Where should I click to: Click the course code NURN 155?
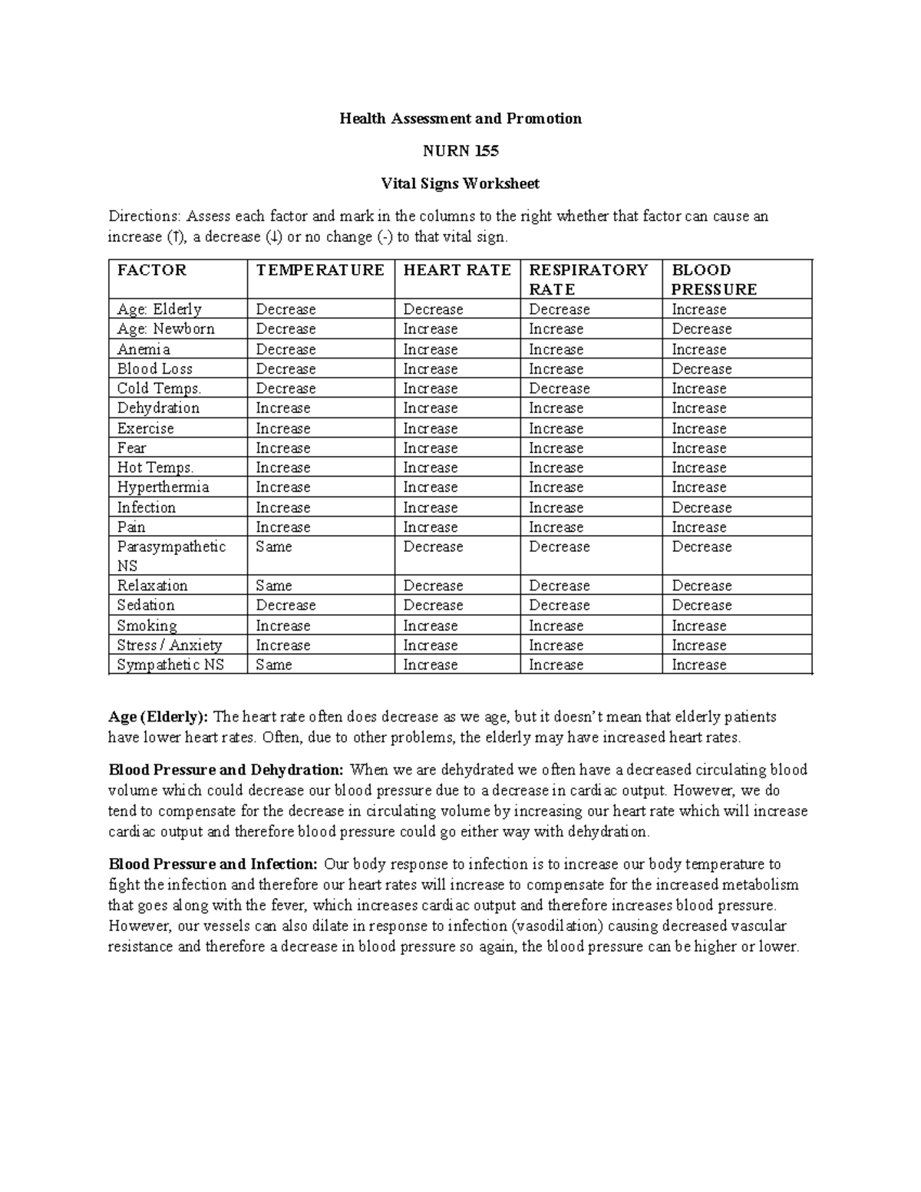click(460, 151)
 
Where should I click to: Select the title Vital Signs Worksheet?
click(460, 184)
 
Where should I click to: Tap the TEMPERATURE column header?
click(320, 270)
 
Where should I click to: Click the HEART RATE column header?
click(457, 270)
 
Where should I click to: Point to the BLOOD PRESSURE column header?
click(714, 279)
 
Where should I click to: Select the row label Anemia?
click(144, 349)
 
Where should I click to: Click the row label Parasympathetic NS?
click(171, 556)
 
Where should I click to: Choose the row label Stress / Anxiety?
click(170, 646)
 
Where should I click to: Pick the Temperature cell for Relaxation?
click(274, 586)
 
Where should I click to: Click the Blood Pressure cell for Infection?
click(701, 507)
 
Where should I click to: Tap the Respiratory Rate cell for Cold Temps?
click(560, 388)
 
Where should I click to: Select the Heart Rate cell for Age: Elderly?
click(433, 309)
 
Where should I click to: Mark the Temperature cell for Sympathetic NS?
click(274, 665)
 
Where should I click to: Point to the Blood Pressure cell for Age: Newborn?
click(701, 329)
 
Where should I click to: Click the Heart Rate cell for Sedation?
click(433, 605)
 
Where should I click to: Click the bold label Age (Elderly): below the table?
click(158, 717)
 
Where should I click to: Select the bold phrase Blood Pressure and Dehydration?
click(226, 770)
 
